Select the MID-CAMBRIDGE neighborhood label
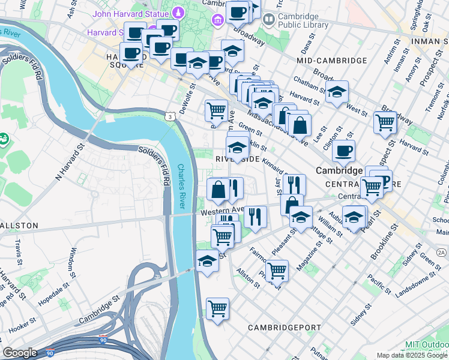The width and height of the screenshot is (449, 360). (331, 61)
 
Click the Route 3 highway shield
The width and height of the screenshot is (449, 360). (171, 116)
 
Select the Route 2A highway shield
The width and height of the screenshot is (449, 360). (442, 253)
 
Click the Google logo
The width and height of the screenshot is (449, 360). (19, 352)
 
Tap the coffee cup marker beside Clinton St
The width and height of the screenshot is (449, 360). (343, 151)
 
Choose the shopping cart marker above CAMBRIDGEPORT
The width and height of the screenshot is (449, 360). (217, 308)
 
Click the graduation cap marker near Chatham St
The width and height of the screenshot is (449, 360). (337, 92)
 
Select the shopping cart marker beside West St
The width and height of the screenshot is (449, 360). (385, 122)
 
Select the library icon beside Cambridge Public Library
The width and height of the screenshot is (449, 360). (268, 20)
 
